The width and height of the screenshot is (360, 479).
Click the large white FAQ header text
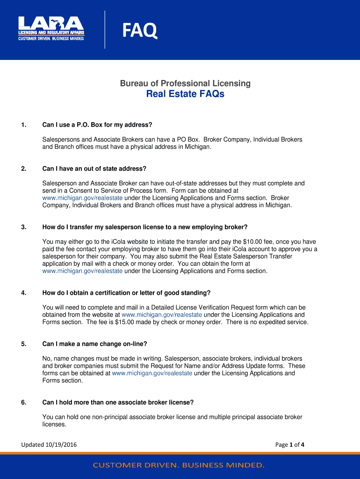[140, 32]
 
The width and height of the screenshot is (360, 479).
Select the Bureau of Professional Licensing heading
[185, 84]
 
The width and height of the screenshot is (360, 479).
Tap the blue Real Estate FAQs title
[185, 94]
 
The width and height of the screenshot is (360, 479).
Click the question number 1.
[23, 125]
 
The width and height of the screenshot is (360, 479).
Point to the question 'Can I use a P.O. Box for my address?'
[97, 125]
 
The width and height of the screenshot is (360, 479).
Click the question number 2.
[23, 168]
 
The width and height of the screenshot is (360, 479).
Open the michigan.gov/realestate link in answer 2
[82, 198]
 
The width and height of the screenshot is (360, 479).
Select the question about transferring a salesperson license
[144, 227]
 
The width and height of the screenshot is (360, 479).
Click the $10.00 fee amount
[256, 242]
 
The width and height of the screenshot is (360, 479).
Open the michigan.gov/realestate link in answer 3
[82, 271]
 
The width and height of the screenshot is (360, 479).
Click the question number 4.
[23, 293]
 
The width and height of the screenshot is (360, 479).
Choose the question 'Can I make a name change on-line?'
[94, 344]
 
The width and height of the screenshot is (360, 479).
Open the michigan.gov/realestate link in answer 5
[152, 373]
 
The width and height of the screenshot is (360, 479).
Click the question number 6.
[23, 402]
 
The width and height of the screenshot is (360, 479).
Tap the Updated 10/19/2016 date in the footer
[49, 445]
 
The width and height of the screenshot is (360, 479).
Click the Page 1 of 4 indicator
[290, 445]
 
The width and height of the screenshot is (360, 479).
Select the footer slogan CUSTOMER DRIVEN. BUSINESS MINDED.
[179, 465]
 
